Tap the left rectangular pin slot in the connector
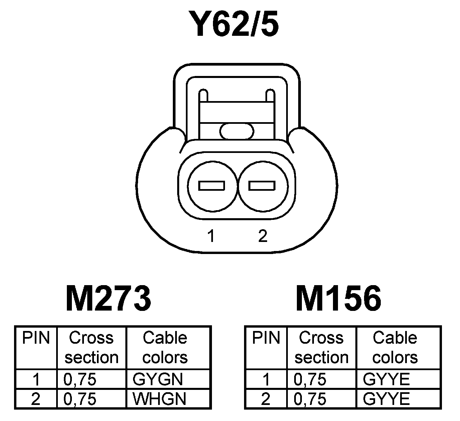tap(212, 186)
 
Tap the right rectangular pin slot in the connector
tap(262, 186)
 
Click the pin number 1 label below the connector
tap(211, 236)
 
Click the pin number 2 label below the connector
tap(263, 236)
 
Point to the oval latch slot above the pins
tap(237, 131)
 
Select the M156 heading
tap(338, 298)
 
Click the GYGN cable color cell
tap(158, 380)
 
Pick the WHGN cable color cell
tap(159, 399)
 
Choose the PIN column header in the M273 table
tap(36, 338)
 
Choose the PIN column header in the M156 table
tap(266, 338)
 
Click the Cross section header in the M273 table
tap(91, 348)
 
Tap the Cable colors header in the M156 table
tap(395, 348)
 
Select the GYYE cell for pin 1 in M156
tap(386, 380)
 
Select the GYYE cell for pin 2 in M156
tap(386, 399)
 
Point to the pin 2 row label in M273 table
tap(35, 399)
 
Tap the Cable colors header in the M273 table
tap(165, 348)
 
